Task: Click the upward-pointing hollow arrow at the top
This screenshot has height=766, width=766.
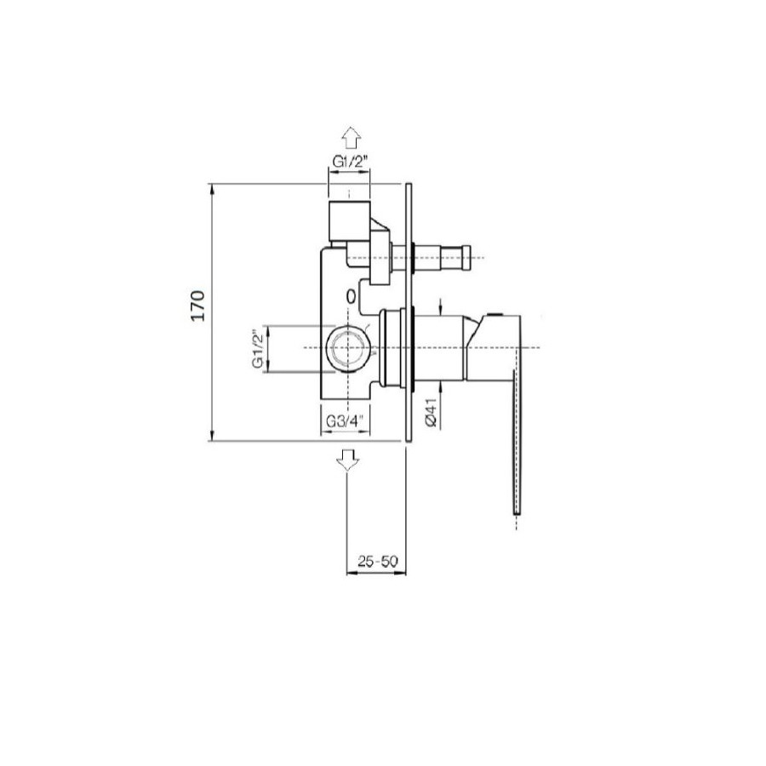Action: [x=351, y=138]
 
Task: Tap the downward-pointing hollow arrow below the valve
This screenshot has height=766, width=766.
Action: [x=347, y=460]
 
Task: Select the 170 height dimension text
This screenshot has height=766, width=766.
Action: [x=197, y=306]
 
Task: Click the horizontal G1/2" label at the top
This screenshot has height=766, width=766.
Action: [x=349, y=161]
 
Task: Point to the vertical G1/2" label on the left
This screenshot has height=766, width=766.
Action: [x=258, y=349]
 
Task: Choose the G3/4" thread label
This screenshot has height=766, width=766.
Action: [x=345, y=421]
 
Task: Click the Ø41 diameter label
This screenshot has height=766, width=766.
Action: [x=431, y=413]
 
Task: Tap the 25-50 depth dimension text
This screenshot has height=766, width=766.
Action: [x=378, y=562]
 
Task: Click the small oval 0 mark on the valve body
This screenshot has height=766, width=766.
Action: [x=350, y=296]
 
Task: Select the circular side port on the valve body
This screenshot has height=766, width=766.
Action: [x=347, y=348]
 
